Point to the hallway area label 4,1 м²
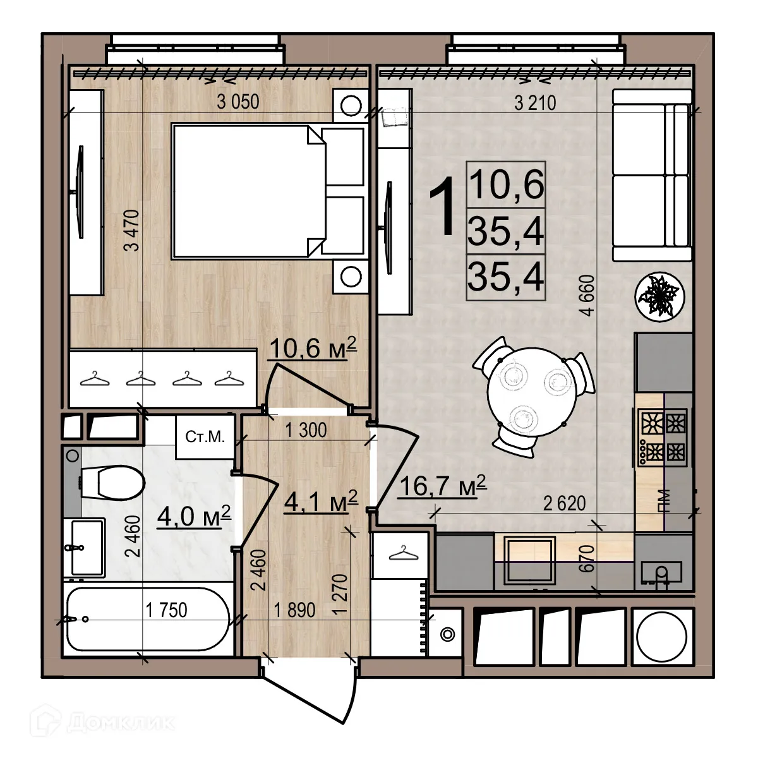tap(321, 502)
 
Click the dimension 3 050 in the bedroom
tap(238, 102)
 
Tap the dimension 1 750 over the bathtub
tap(166, 610)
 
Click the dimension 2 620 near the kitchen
tap(565, 503)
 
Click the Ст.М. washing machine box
tap(205, 437)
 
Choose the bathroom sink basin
tap(87, 547)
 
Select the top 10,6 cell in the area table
tap(506, 184)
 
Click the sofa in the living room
tap(652, 175)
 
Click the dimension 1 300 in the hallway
tap(306, 431)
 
